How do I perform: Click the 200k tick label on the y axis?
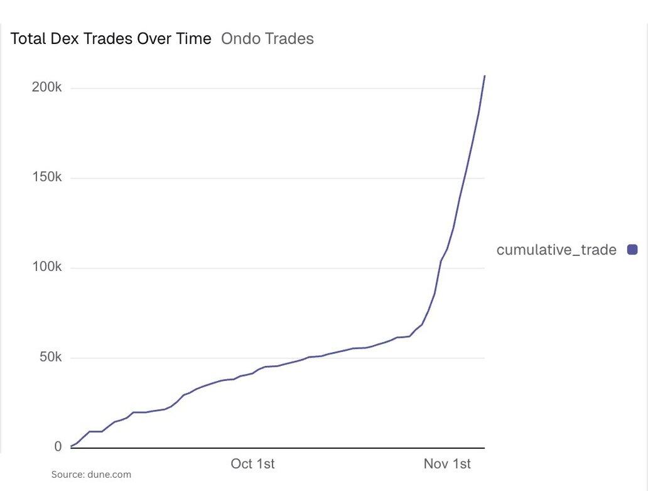(46, 87)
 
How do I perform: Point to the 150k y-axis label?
(46, 177)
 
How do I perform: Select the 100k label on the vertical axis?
(46, 267)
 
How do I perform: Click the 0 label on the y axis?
(58, 446)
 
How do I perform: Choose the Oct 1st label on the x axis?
(252, 464)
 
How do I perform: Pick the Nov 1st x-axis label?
(446, 464)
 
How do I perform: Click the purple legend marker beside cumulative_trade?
(632, 250)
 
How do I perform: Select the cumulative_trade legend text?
(556, 250)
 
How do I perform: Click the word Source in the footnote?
(67, 475)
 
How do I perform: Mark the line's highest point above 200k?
(485, 75)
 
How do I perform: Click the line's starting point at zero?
(71, 446)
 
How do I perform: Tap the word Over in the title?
(151, 39)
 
